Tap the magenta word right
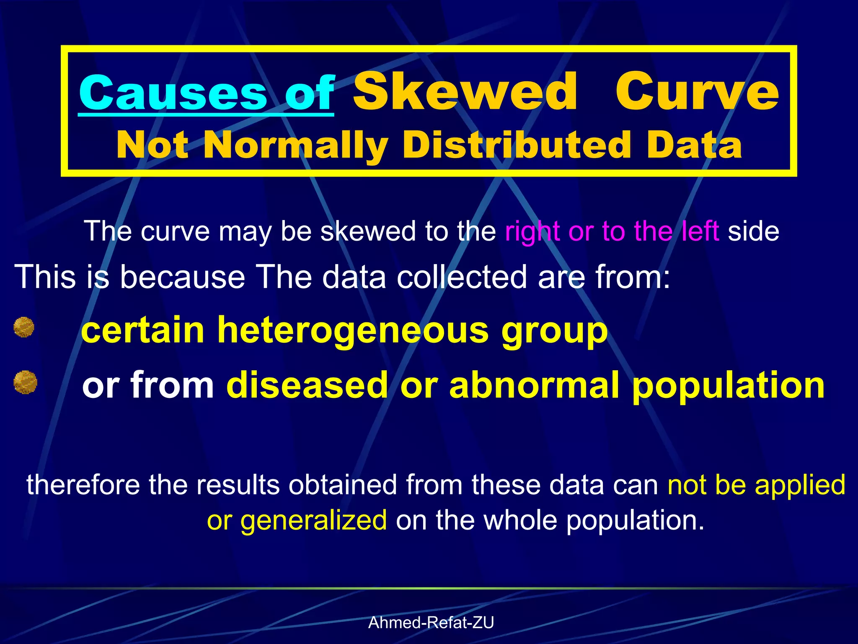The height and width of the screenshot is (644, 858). tap(532, 231)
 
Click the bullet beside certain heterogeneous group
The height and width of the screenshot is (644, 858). tap(24, 327)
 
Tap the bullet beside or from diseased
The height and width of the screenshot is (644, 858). tap(25, 382)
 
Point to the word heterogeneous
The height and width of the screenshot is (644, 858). tap(353, 330)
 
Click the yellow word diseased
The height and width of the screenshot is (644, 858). tap(307, 385)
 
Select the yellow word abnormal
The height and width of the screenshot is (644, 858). tap(534, 385)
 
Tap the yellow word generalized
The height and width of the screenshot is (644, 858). tap(314, 521)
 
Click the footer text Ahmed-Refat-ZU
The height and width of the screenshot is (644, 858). tap(431, 623)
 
